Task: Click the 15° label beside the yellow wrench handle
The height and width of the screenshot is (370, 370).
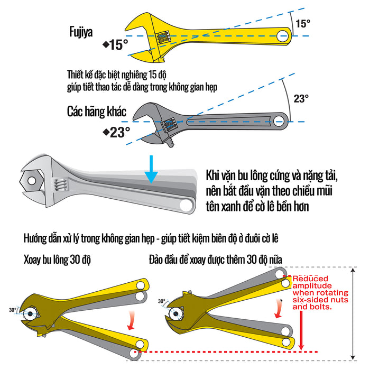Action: point(303,24)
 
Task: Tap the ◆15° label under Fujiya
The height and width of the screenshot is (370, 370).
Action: point(115,45)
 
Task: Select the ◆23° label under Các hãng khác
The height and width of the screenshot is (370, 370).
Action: point(116,132)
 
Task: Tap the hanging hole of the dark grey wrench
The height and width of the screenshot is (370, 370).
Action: point(279,121)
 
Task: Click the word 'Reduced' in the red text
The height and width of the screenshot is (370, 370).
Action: point(311,279)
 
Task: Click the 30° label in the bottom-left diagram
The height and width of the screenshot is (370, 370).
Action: point(12,310)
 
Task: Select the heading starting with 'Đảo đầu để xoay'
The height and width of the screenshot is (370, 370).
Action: point(216,260)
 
